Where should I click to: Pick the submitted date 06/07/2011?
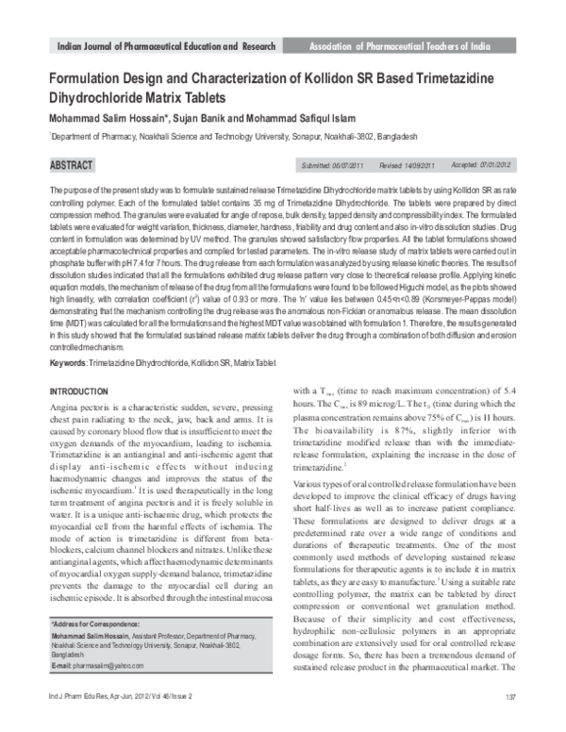click(347, 166)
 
